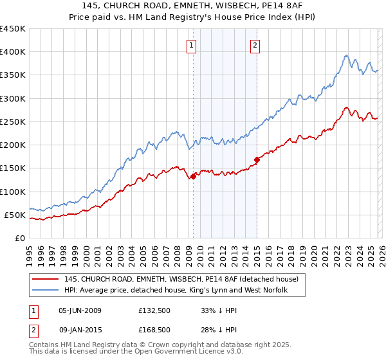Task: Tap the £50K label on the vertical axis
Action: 14,215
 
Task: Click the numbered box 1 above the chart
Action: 192,45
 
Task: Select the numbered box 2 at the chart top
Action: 255,45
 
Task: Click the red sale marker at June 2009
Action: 193,176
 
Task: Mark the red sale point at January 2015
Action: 257,159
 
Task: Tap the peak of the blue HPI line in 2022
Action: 346,55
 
